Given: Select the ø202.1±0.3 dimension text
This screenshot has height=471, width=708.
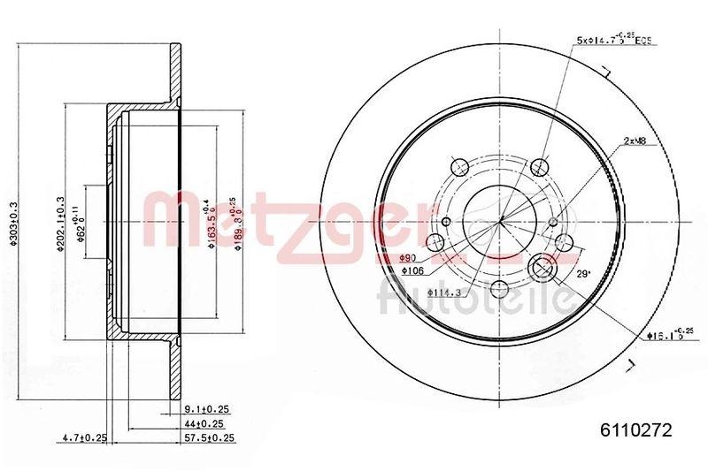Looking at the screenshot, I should click(x=60, y=224).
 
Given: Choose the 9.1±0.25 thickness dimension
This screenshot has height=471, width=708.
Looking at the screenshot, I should click(x=205, y=409).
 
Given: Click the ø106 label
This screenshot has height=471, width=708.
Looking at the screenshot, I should click(x=415, y=270).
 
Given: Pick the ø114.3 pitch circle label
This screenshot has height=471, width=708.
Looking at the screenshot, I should click(x=442, y=292).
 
